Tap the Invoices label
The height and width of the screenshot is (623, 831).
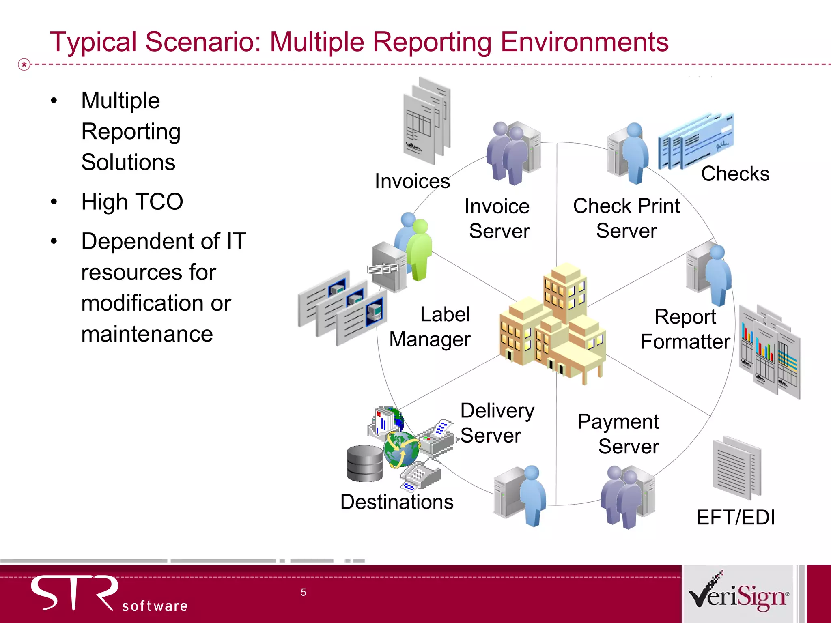412,181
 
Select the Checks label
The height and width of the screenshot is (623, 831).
735,174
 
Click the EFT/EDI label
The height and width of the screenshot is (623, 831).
735,518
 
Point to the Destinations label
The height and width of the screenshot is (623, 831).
396,502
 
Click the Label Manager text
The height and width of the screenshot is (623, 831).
430,327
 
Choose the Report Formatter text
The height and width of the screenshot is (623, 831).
685,329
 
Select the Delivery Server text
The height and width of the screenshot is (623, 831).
497,423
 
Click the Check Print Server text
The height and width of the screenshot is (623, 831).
626,218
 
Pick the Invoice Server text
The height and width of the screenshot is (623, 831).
497,219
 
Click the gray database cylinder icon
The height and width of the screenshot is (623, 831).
364,464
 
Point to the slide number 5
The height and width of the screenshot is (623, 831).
303,592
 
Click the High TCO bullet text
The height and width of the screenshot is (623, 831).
132,202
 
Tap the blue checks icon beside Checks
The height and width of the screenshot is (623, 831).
695,140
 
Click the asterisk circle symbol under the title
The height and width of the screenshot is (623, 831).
24,64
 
